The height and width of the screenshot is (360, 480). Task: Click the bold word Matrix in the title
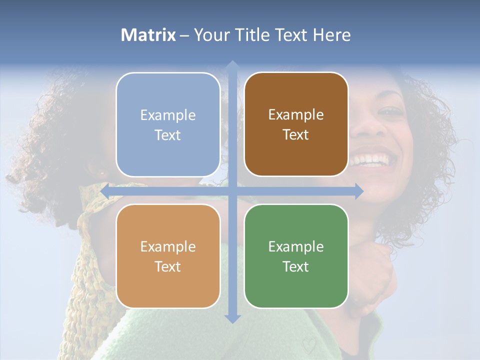pyautogui.click(x=148, y=35)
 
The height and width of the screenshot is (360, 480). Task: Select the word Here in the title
pyautogui.click(x=331, y=35)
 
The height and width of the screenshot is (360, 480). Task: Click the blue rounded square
pyautogui.click(x=168, y=124)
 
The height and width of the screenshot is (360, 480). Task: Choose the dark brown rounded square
pyautogui.click(x=296, y=124)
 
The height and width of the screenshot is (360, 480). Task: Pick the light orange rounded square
pyautogui.click(x=168, y=256)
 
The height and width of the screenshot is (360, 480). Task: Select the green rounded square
pyautogui.click(x=296, y=256)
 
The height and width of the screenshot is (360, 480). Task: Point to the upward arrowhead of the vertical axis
pyautogui.click(x=232, y=64)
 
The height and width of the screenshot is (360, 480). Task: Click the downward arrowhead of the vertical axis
pyautogui.click(x=232, y=318)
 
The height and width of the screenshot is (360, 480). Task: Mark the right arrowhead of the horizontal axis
pyautogui.click(x=359, y=191)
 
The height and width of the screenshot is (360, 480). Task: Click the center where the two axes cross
pyautogui.click(x=232, y=191)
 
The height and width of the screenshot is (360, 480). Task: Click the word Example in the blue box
pyautogui.click(x=168, y=115)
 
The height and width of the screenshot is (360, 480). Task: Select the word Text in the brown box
pyautogui.click(x=296, y=134)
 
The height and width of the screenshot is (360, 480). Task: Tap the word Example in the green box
pyautogui.click(x=296, y=246)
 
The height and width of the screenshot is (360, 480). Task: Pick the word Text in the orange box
pyautogui.click(x=168, y=266)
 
